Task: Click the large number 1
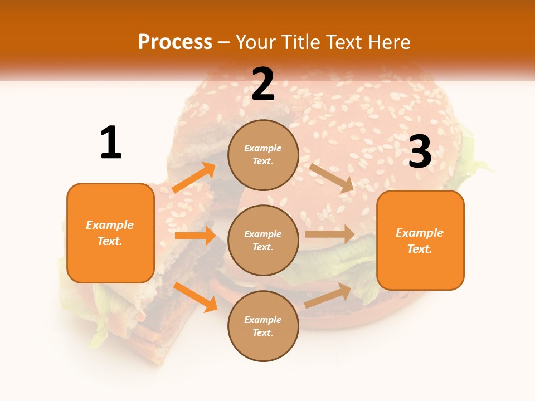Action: (x=111, y=143)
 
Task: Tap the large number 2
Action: (x=263, y=84)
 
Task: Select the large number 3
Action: (x=420, y=152)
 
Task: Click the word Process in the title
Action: (x=175, y=42)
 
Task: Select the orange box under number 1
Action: (x=110, y=233)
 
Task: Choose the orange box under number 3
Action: (x=420, y=240)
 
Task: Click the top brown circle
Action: (x=263, y=155)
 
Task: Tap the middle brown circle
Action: (x=263, y=240)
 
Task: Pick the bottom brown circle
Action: (x=263, y=326)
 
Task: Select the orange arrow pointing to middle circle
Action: (x=195, y=236)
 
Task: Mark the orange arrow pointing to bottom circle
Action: (x=196, y=297)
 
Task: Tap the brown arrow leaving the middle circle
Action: (x=330, y=234)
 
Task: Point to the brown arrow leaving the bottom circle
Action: (x=328, y=295)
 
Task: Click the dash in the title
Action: (x=224, y=42)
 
